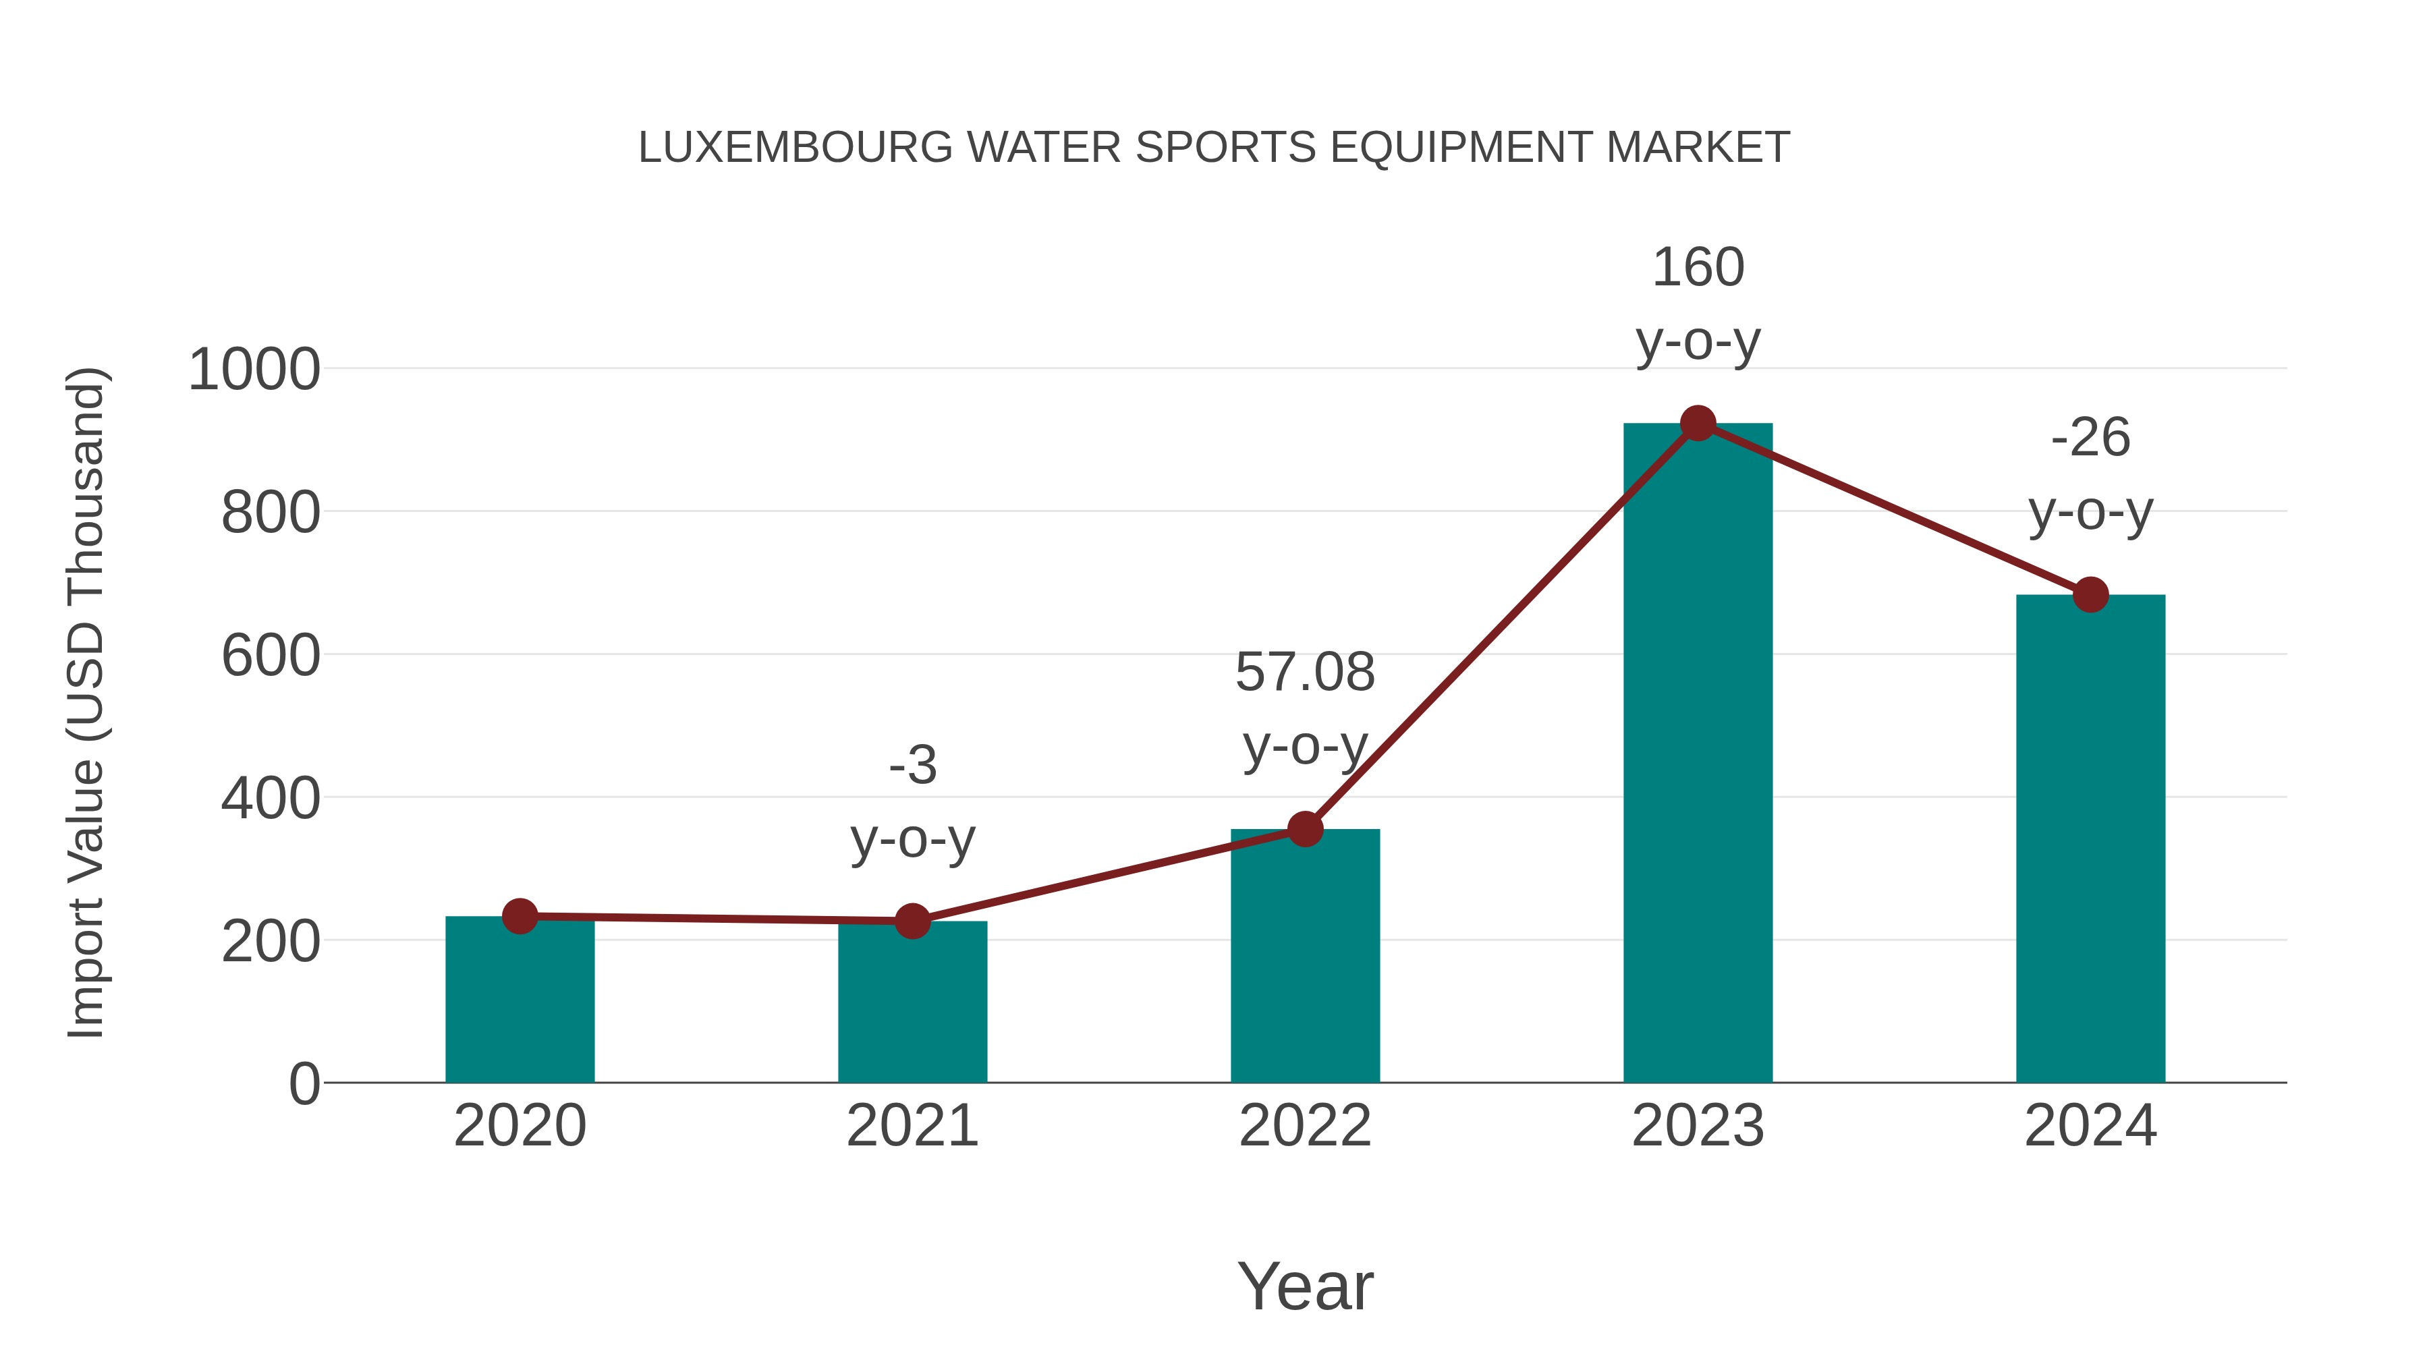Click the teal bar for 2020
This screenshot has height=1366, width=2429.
pos(520,1004)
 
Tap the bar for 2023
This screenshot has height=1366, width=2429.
pos(1698,754)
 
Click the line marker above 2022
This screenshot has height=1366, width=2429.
pos(1305,830)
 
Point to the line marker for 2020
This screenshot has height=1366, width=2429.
pos(520,915)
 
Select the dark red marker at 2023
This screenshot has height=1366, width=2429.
pos(1698,423)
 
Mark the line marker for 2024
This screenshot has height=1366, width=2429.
pos(2090,595)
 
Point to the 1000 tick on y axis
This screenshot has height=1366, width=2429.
pos(254,370)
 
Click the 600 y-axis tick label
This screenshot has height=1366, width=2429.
pos(271,656)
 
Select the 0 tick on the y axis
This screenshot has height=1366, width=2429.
pos(304,1084)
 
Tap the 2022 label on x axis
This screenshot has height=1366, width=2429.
pos(1305,1126)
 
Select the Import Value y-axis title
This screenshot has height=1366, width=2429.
pos(87,702)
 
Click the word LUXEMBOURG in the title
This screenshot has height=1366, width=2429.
pos(795,148)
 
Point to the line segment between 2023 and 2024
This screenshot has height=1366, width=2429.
pos(1893,509)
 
